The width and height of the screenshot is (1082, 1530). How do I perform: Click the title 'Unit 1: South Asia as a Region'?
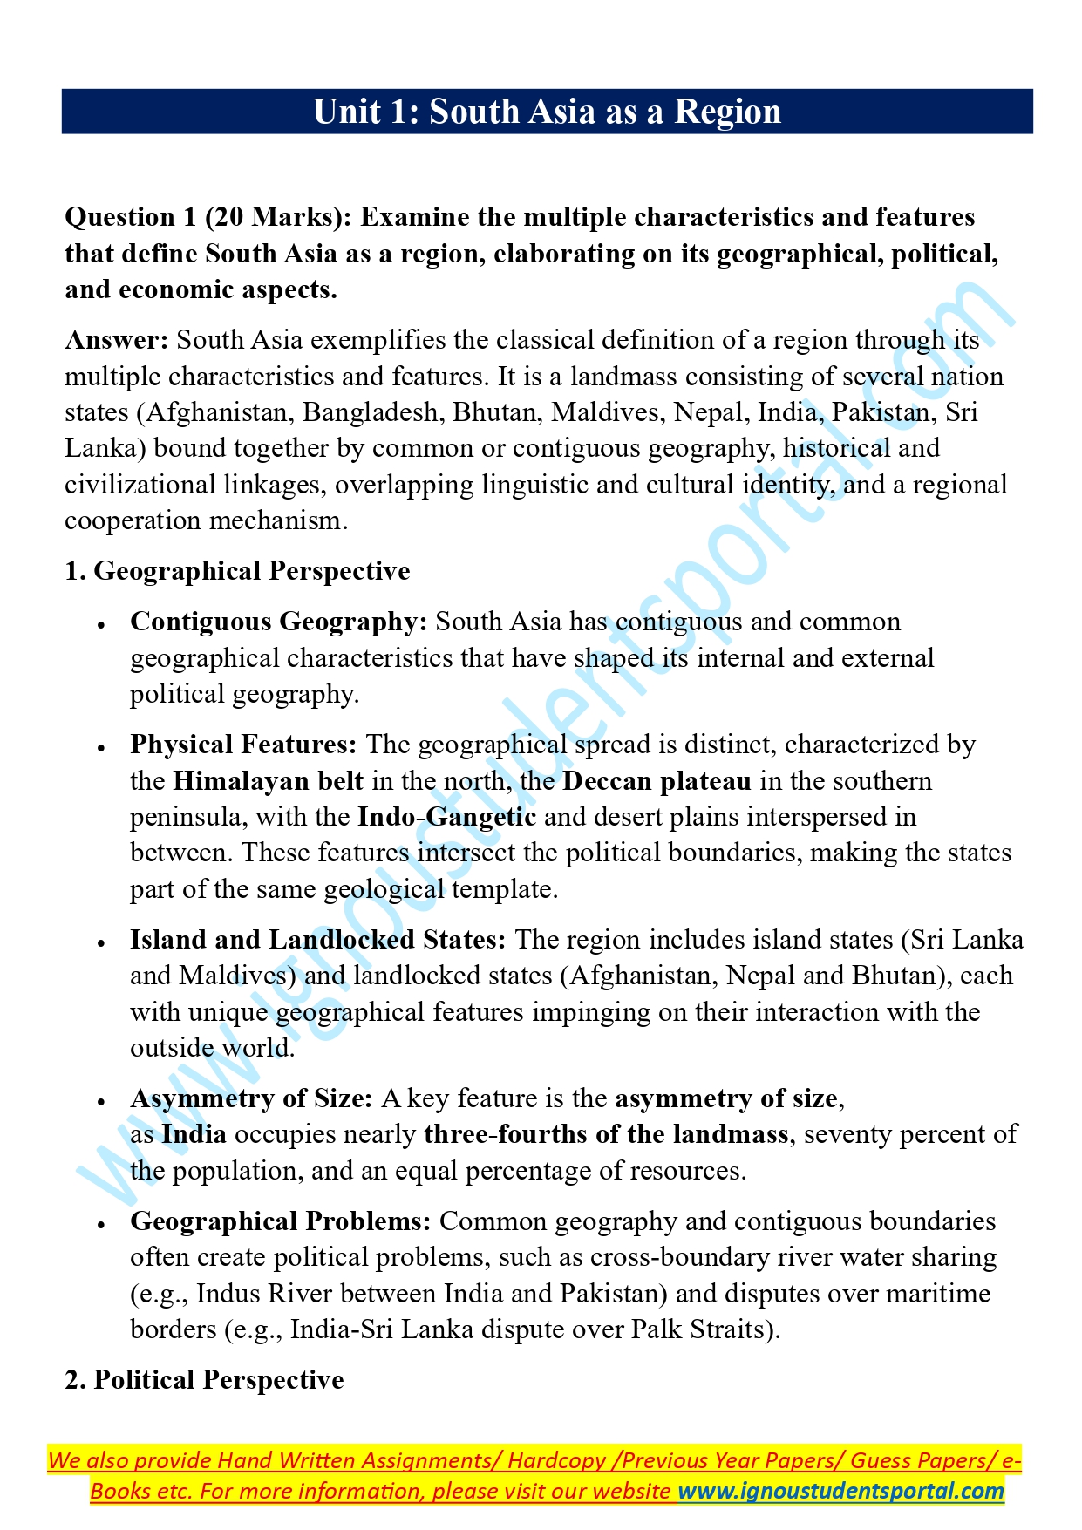pos(547,112)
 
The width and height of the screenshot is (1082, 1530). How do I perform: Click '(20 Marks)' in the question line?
pos(279,217)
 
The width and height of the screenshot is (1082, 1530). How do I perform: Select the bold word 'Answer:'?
pos(117,340)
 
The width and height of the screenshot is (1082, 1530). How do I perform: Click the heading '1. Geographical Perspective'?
pos(237,571)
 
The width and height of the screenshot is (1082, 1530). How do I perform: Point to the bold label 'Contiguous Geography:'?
pos(279,622)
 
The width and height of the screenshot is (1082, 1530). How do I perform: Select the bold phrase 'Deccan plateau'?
pos(657,781)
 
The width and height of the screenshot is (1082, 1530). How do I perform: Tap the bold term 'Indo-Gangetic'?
pos(446,818)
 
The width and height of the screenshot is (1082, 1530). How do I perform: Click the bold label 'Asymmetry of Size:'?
pos(252,1098)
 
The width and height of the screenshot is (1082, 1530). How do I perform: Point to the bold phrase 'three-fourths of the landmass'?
pos(606,1135)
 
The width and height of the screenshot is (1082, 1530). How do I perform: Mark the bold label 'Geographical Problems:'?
pos(281,1221)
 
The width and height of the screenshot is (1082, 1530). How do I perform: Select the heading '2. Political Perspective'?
pos(204,1380)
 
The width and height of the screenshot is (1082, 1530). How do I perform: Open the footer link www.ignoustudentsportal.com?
pos(841,1491)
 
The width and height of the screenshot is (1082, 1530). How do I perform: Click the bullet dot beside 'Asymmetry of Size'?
pos(102,1100)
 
